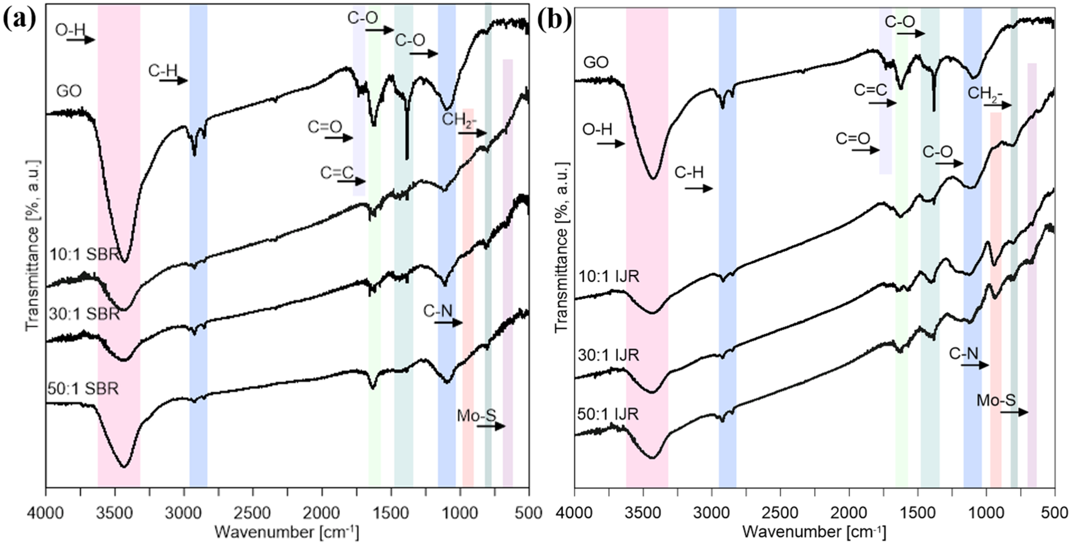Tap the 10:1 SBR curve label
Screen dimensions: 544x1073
85,254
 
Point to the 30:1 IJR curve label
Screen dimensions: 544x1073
608,355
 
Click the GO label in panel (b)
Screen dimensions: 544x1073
596,62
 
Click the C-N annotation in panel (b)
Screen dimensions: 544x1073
963,354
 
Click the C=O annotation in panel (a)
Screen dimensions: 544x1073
325,127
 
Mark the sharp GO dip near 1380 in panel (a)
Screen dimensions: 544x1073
407,156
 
